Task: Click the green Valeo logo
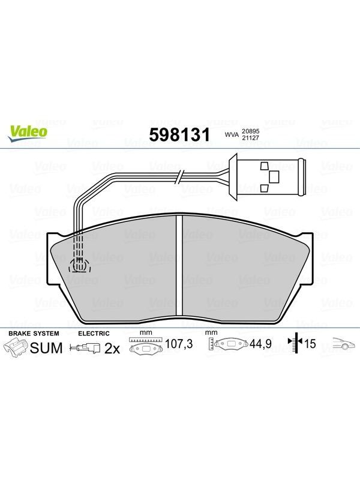(x=28, y=133)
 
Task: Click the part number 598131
(x=179, y=134)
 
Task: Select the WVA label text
(x=232, y=134)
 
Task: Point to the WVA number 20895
(x=250, y=131)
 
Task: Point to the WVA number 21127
(x=250, y=138)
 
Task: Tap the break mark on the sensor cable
(x=179, y=177)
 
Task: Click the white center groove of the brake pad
(x=179, y=265)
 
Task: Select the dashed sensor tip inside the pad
(x=80, y=264)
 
